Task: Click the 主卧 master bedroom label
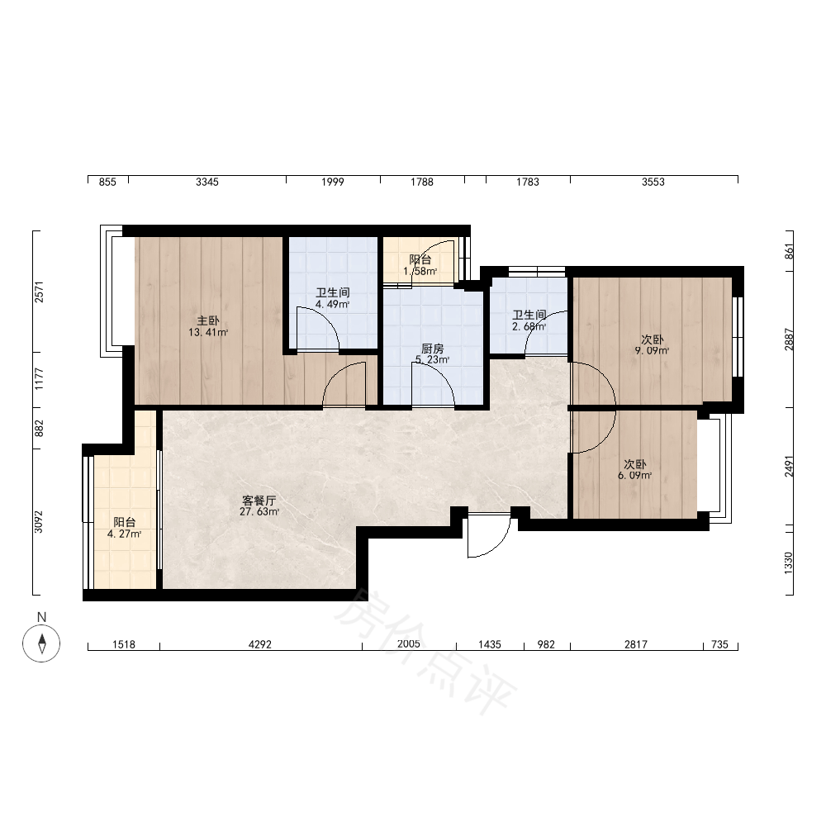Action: point(208,320)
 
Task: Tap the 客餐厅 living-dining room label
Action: point(259,500)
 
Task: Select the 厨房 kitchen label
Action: point(433,349)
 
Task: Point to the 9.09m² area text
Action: point(653,351)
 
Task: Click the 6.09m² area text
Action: point(634,476)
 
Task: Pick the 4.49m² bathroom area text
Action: point(332,304)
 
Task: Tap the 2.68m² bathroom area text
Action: point(529,326)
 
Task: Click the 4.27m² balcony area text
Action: point(125,534)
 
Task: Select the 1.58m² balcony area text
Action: point(420,271)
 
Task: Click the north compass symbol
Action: point(41,643)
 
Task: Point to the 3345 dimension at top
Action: point(207,182)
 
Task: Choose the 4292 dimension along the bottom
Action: point(259,644)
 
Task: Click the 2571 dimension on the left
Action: point(39,292)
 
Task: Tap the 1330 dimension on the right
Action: point(788,563)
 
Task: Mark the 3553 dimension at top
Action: point(653,182)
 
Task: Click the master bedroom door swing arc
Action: point(336,374)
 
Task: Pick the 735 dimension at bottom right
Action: point(719,644)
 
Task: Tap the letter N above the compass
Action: point(41,617)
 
